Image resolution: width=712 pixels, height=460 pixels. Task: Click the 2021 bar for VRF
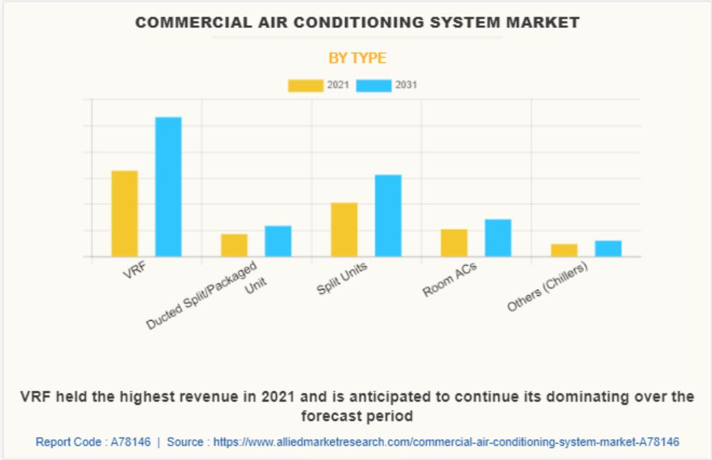(x=124, y=213)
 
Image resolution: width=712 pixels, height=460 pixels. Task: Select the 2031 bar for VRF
(x=168, y=187)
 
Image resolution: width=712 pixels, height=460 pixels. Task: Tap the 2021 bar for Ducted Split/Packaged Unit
(x=234, y=245)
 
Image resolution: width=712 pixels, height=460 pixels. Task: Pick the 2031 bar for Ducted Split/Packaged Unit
(x=278, y=241)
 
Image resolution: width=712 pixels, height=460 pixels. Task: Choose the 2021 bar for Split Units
(x=344, y=230)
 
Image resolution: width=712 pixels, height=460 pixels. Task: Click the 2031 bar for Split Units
(x=388, y=216)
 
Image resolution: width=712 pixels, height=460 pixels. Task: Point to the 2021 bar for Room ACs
(x=455, y=243)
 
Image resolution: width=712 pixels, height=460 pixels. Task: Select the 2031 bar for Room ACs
(x=498, y=238)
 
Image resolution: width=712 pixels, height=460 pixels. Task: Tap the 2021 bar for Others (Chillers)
(x=565, y=250)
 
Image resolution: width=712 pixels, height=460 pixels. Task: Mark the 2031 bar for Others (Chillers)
(x=608, y=249)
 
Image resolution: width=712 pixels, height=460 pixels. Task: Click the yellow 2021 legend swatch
(x=306, y=86)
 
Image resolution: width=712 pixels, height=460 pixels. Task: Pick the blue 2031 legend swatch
(x=374, y=86)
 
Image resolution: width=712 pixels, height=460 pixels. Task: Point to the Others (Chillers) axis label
(x=547, y=286)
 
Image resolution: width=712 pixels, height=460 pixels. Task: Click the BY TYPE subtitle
(x=357, y=58)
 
